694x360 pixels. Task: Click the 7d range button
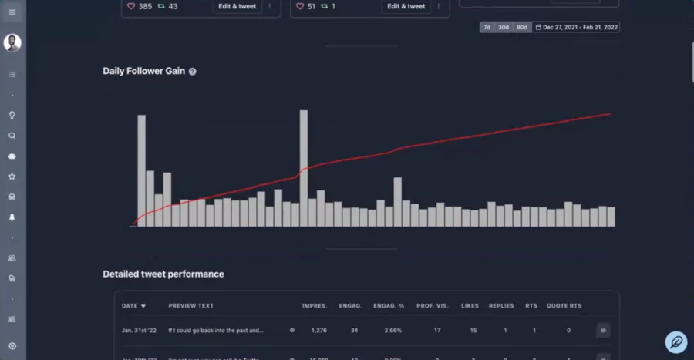[487, 27]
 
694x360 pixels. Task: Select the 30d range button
[504, 27]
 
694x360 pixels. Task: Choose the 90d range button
[522, 27]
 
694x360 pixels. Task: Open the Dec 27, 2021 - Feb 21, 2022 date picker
[576, 27]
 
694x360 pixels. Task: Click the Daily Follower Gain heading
[143, 71]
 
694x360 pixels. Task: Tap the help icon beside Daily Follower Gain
[193, 71]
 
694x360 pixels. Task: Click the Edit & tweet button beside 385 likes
[236, 6]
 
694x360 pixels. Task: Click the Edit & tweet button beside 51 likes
[406, 6]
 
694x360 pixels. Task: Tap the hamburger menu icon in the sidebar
[12, 12]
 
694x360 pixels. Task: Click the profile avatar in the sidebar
[12, 43]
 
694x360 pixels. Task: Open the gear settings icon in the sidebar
[12, 346]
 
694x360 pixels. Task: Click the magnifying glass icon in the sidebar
[12, 136]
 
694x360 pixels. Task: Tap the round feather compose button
[676, 341]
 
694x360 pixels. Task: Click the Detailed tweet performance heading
[163, 274]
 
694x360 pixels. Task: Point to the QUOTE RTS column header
[564, 306]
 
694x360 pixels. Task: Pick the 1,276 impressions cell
[318, 330]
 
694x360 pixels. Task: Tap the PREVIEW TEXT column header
[190, 306]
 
